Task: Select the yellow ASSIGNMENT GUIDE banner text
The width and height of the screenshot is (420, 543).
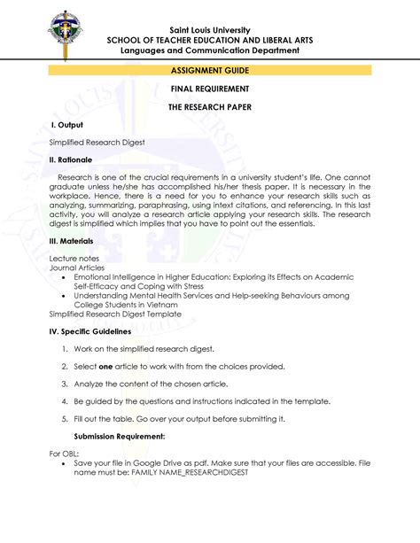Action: [x=210, y=69]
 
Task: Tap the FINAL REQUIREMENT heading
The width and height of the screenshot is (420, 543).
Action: [x=210, y=89]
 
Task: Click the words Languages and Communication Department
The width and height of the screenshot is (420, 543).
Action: [x=210, y=50]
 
